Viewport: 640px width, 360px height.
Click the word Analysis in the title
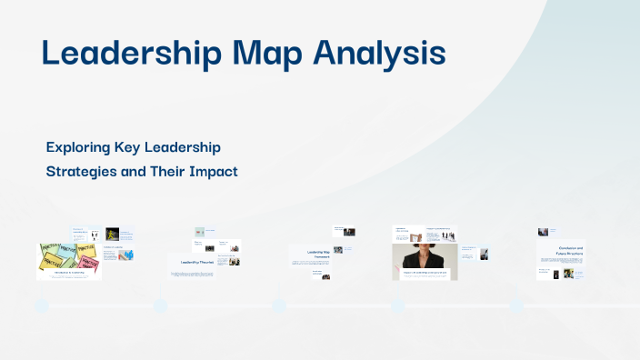379,53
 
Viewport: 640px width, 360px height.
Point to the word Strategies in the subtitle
85,171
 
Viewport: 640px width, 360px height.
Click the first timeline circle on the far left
41,305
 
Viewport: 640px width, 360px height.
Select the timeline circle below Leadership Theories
160,305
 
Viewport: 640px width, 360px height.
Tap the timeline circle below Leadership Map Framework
279,305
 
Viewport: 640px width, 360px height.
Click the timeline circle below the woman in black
398,305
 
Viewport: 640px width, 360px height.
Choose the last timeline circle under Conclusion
516,305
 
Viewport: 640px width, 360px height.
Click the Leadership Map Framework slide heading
308,255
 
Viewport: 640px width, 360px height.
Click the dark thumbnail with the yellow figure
113,234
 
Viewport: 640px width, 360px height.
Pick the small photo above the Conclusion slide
543,232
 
